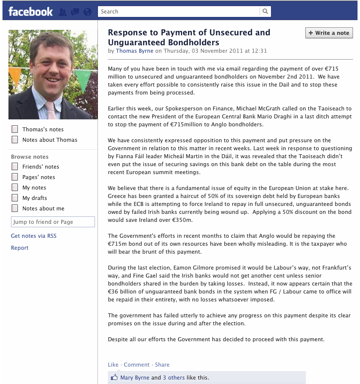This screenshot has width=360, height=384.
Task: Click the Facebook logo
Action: coord(30,11)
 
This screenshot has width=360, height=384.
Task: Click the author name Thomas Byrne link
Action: coord(134,51)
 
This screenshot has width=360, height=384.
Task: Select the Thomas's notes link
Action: coord(42,129)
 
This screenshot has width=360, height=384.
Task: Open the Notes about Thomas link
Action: coord(50,140)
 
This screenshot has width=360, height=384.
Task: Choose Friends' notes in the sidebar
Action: coord(40,167)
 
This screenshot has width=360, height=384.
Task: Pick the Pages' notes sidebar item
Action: coord(38,177)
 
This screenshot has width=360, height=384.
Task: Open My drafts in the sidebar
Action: coord(34,198)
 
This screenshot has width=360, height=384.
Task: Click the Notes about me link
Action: coord(43,208)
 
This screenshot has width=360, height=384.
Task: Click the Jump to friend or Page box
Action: coord(53,222)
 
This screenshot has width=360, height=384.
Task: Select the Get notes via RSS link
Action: coord(33,236)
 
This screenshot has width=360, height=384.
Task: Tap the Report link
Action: coord(20,248)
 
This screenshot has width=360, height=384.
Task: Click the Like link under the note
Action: coord(113,365)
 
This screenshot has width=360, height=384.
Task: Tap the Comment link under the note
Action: coord(137,365)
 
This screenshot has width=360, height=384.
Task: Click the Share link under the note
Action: coord(162,365)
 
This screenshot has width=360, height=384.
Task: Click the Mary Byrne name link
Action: coord(135,378)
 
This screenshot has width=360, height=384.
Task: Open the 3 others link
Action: coord(174,378)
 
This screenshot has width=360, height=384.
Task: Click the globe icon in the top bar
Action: coord(88,11)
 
